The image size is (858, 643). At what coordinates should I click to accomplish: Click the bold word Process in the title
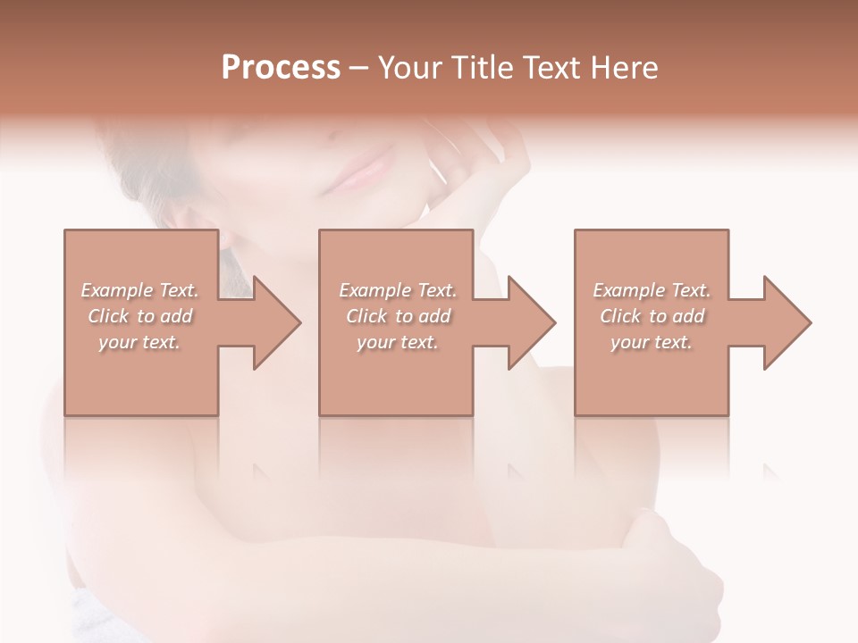coord(281,67)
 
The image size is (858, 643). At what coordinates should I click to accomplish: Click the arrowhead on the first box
coord(273,322)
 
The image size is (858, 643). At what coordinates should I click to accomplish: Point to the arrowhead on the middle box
coord(527,322)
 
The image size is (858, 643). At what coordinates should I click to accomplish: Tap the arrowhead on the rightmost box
coord(783,322)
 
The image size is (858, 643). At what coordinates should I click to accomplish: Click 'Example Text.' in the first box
coord(139,290)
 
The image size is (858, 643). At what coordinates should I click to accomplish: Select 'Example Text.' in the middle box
coord(398,290)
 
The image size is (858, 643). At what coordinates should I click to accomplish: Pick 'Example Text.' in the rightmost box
coord(652,290)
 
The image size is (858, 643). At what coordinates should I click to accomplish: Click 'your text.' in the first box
coord(139,342)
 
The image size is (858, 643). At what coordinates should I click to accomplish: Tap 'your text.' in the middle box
coord(398,342)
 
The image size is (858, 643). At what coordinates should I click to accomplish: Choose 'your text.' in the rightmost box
coord(652,342)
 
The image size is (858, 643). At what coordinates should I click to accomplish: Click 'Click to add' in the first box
coord(139,316)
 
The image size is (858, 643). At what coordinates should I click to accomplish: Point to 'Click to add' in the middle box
coord(398,316)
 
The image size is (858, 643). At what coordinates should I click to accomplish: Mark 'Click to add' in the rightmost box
coord(652,316)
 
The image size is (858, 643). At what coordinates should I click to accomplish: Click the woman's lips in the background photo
coord(360,172)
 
